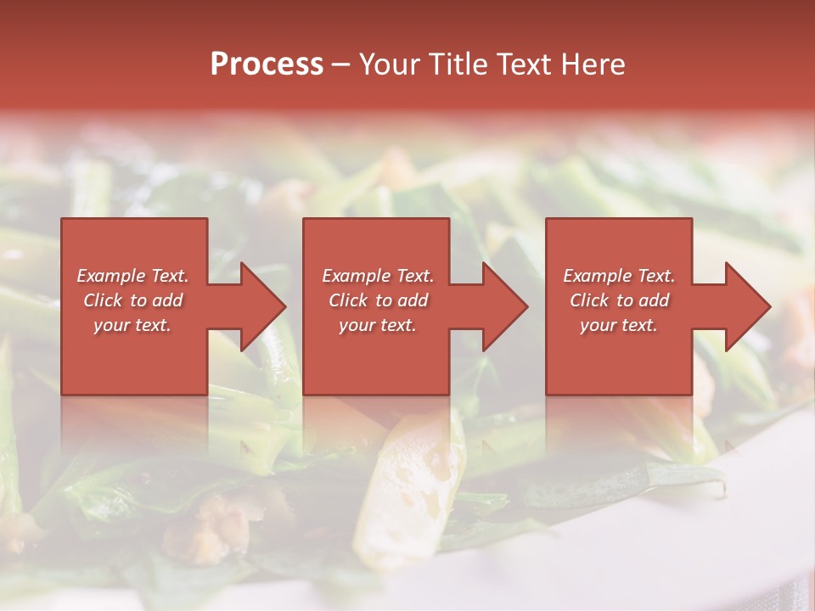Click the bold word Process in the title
267,64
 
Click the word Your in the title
391,64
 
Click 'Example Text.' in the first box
132,276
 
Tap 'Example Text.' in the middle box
378,276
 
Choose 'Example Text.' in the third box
619,276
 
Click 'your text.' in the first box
132,325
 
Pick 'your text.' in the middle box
378,325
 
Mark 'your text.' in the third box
619,325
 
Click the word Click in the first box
103,300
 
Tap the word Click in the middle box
348,300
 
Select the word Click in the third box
589,300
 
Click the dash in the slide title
340,64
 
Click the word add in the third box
655,300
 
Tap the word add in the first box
168,300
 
